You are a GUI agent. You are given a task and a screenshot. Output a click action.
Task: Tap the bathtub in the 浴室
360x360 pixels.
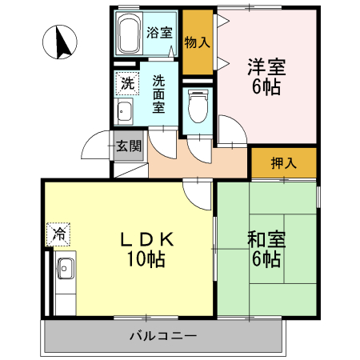click(x=129, y=34)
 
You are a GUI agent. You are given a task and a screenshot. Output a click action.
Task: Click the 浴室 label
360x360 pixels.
click(x=160, y=33)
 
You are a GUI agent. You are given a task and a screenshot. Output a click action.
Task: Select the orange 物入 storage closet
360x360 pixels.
click(x=197, y=42)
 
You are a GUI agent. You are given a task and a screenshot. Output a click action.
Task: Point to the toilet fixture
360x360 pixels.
click(x=197, y=103)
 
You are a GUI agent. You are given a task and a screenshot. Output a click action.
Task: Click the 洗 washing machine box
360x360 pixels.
click(x=127, y=82)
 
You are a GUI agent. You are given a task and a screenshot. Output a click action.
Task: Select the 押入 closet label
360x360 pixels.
click(x=283, y=163)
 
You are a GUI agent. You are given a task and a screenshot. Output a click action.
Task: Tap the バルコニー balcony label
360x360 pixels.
click(x=162, y=335)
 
